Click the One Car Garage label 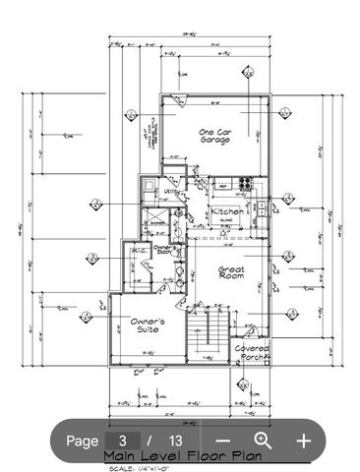215,136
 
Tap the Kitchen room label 226,211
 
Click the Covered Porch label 253,353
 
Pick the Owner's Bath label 163,252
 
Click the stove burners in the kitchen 243,184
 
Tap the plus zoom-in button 304,441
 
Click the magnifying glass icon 263,441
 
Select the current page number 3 123,441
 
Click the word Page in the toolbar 83,441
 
